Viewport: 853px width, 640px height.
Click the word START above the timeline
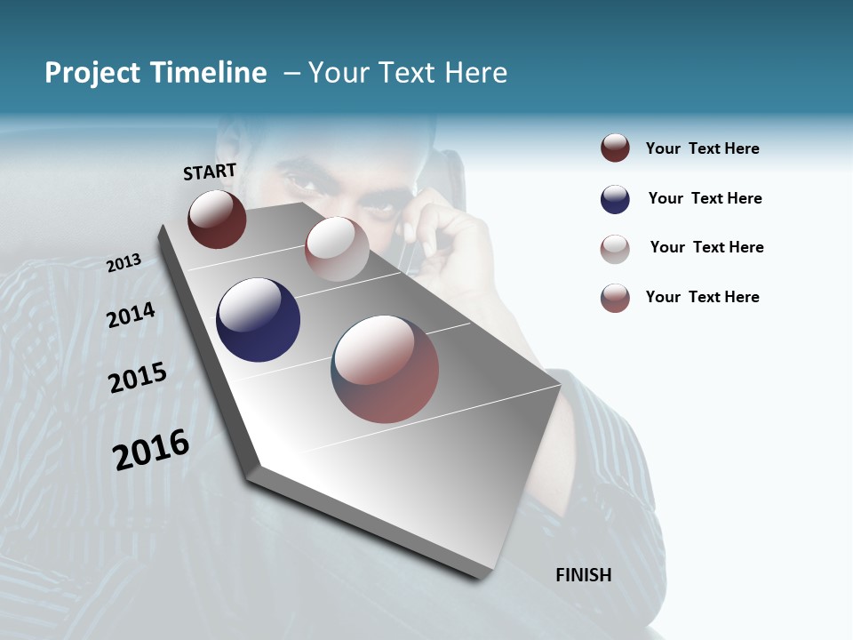pyautogui.click(x=210, y=172)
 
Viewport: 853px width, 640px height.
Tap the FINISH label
pyautogui.click(x=583, y=575)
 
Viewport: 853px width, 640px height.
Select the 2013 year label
pyautogui.click(x=124, y=263)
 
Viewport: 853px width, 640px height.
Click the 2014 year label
pyautogui.click(x=131, y=316)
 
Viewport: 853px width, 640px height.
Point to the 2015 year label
pyautogui.click(x=138, y=378)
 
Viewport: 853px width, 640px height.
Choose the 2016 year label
pyautogui.click(x=151, y=450)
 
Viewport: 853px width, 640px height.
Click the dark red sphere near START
pyautogui.click(x=217, y=219)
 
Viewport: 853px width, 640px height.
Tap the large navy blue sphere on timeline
pyautogui.click(x=258, y=320)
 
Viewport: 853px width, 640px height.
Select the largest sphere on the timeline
pyautogui.click(x=385, y=369)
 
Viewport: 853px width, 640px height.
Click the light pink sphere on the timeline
pyautogui.click(x=337, y=249)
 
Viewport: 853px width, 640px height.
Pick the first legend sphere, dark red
pyautogui.click(x=615, y=148)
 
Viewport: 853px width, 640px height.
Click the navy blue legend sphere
pyautogui.click(x=615, y=199)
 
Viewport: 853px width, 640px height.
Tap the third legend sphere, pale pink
pyautogui.click(x=615, y=249)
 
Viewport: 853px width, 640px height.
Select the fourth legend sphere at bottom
pyautogui.click(x=615, y=298)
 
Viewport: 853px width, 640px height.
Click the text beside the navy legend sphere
pyautogui.click(x=705, y=198)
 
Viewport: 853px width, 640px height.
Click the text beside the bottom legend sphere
pyautogui.click(x=702, y=297)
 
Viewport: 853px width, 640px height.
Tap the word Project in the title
pyautogui.click(x=92, y=73)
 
